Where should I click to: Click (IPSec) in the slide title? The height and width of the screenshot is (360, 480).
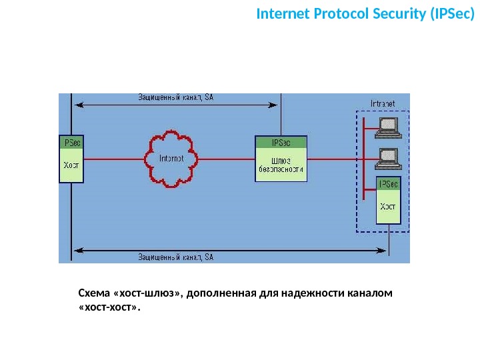coord(447,13)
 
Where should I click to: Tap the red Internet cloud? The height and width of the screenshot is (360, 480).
coord(171,159)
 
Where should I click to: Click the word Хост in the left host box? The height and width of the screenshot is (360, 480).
coord(71,164)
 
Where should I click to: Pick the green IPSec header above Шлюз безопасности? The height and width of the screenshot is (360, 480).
coord(281,142)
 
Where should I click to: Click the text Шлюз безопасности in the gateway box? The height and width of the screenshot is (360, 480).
coord(281,165)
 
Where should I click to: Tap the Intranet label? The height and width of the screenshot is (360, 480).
coord(383,103)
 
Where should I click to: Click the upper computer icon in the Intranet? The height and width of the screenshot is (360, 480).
coord(387,126)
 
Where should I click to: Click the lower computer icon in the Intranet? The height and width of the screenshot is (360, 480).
coord(387,158)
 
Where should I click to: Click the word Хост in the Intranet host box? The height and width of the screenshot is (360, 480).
coord(387,206)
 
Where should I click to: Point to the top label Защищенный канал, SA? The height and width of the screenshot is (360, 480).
coord(175,97)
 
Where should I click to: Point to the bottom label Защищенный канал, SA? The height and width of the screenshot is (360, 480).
coord(175,257)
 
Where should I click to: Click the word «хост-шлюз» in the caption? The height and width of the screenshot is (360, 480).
coord(144,294)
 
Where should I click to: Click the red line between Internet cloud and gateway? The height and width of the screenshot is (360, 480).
coord(227,159)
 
